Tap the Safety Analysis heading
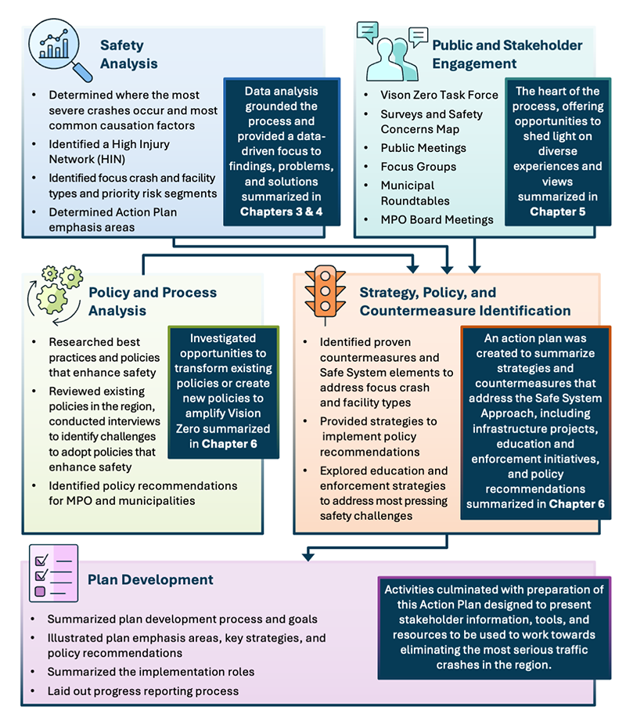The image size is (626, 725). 128,55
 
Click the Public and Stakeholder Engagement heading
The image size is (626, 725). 507,55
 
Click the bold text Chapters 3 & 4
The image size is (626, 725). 281,211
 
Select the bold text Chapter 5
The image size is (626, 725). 558,211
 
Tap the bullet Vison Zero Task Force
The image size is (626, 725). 439,95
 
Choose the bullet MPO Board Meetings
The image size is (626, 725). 437,219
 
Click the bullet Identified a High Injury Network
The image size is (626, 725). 109,151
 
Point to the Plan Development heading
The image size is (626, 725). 150,580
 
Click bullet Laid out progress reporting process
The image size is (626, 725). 142,691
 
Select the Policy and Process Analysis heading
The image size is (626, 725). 152,301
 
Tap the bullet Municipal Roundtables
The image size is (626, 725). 415,193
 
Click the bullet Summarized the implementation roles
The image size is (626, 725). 151,672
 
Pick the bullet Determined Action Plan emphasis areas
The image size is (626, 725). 112,218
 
